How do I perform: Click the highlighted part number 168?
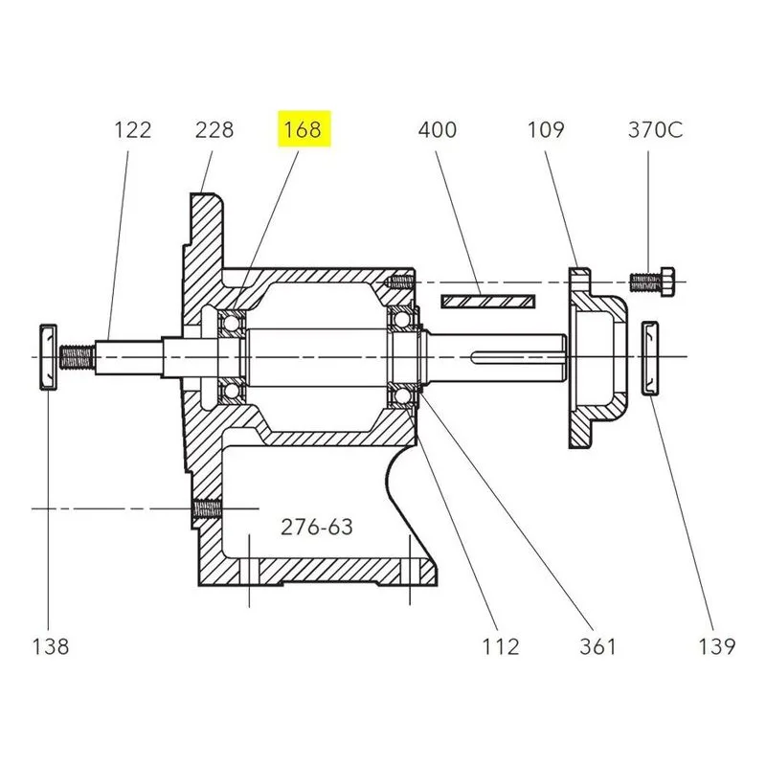point(303,130)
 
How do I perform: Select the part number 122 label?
point(133,130)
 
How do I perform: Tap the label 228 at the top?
point(214,130)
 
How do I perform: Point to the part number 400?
point(438,130)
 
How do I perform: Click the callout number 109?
point(546,130)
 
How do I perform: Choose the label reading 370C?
point(656,130)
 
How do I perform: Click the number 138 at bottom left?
point(51,647)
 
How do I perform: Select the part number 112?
point(501,647)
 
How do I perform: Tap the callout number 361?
point(597,647)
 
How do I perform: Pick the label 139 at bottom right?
point(716,647)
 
